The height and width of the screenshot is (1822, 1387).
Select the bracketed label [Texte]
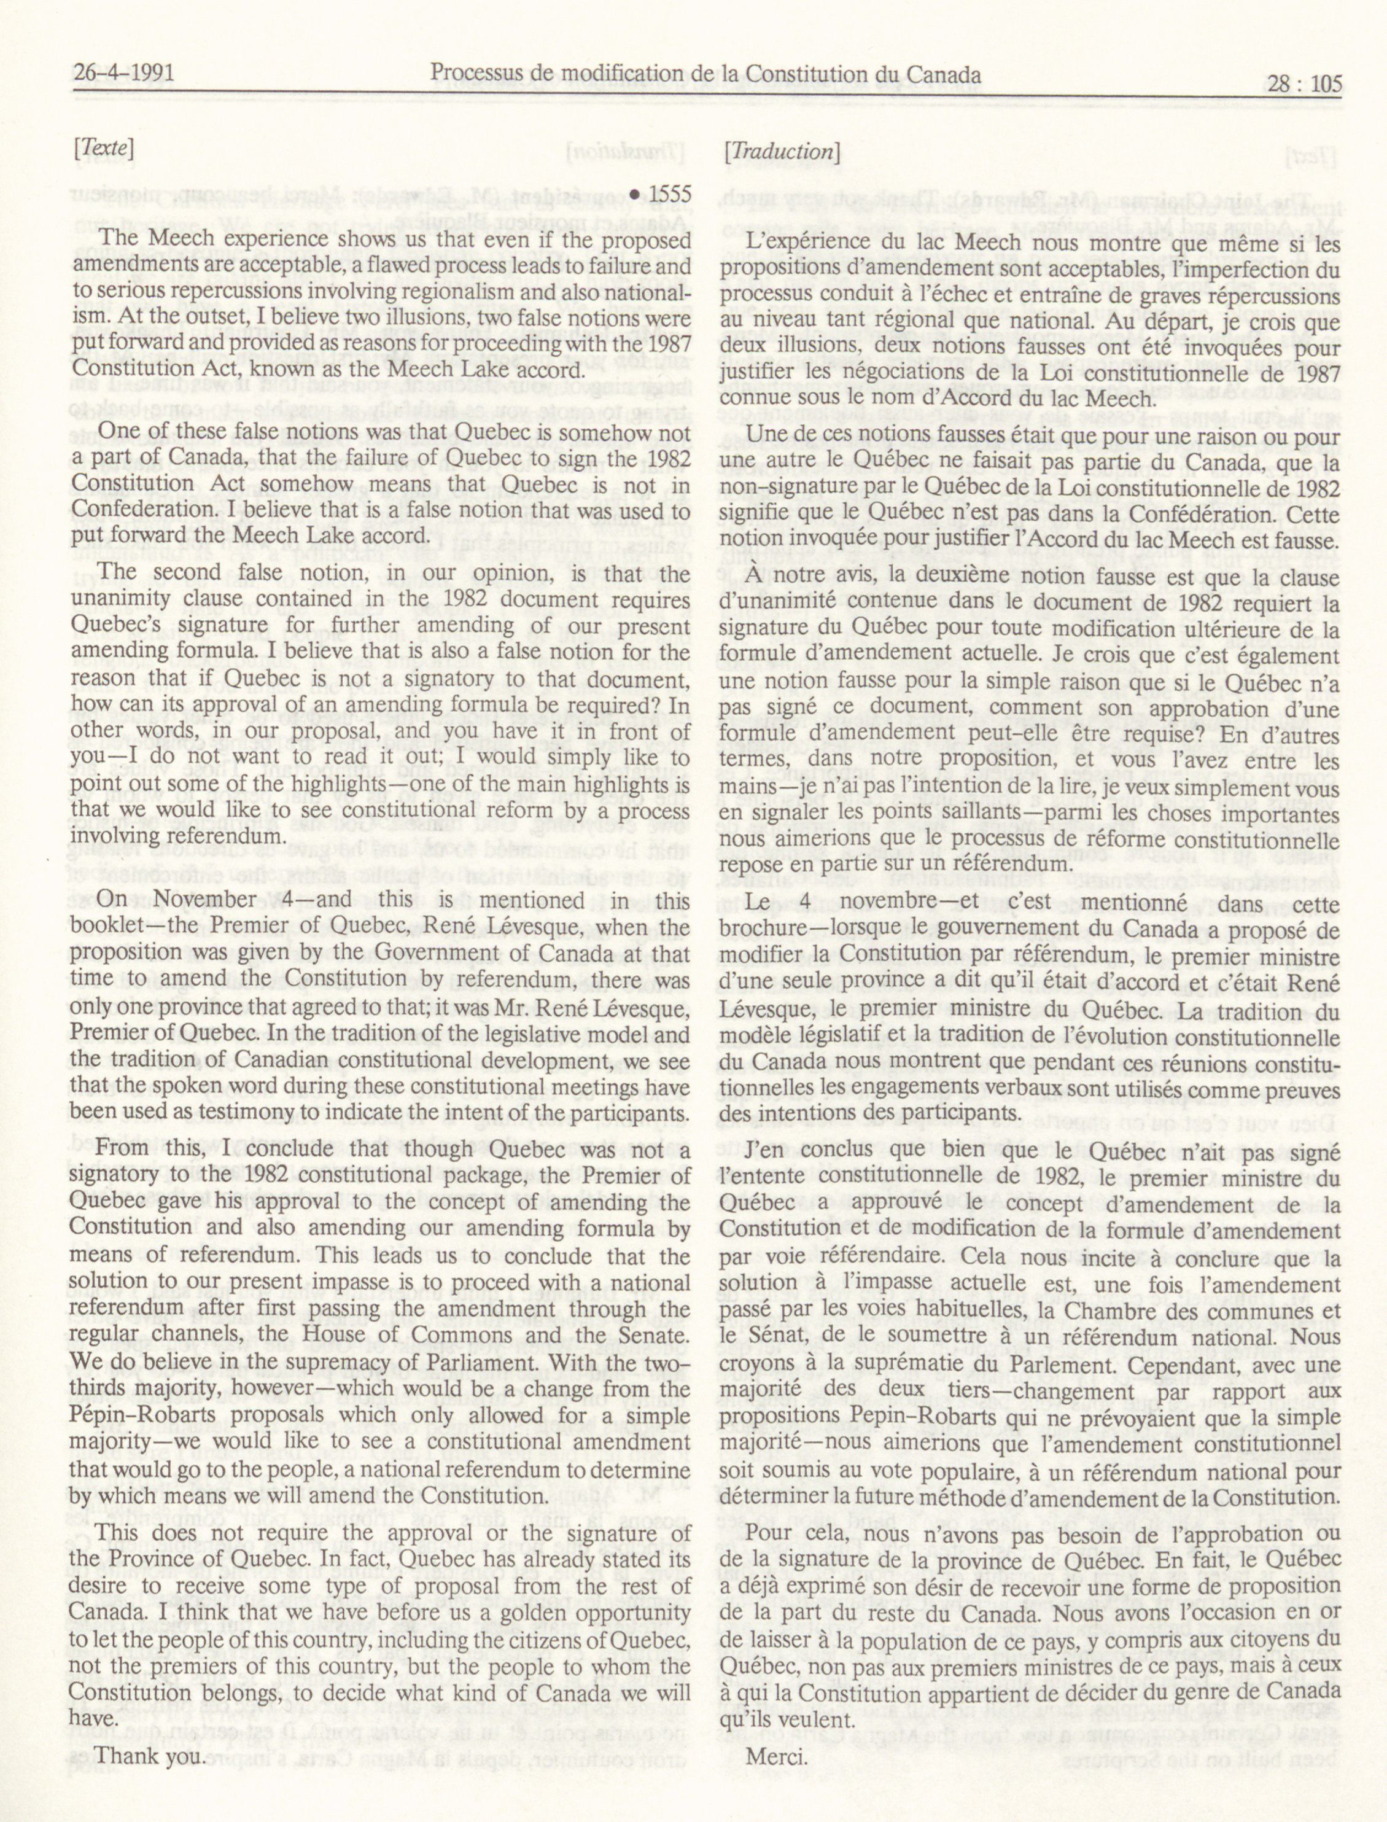[x=103, y=148]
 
